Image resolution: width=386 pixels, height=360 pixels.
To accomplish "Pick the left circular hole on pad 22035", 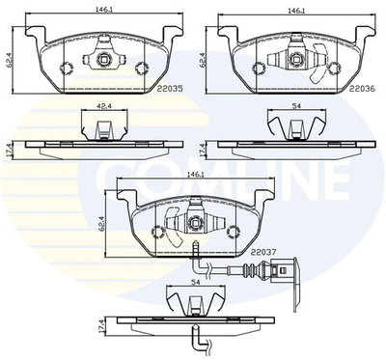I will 68,68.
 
